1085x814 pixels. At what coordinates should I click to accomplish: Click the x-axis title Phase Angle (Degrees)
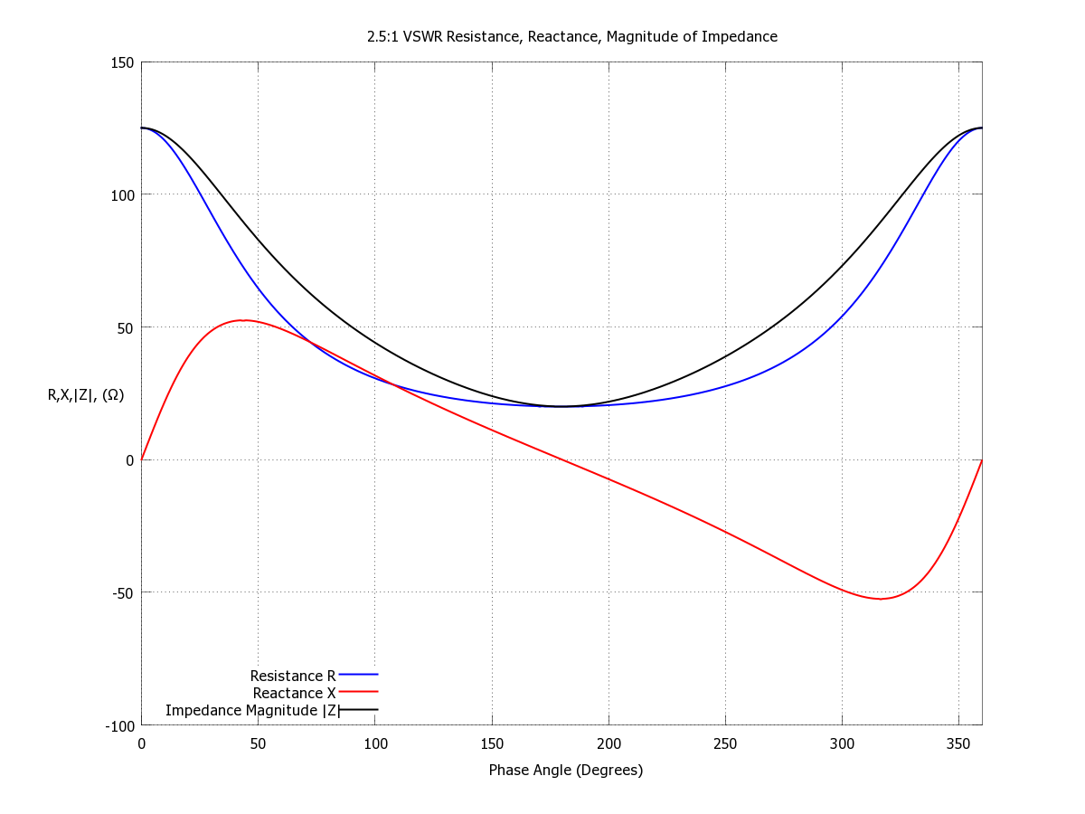click(x=565, y=771)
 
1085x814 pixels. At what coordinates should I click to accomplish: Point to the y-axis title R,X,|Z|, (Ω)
click(x=86, y=394)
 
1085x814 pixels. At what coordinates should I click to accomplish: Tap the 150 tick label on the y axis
click(x=124, y=62)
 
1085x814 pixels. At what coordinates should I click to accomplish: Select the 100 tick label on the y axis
click(x=124, y=195)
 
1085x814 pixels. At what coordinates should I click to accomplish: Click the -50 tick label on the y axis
click(x=122, y=593)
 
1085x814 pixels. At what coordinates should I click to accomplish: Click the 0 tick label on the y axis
click(x=130, y=460)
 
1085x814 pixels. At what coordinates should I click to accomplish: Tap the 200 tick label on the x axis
click(x=609, y=744)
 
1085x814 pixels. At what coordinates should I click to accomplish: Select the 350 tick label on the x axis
click(x=958, y=744)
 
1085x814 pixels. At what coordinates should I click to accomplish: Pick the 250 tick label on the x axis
click(x=725, y=744)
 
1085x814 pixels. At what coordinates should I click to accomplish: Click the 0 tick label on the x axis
click(x=141, y=744)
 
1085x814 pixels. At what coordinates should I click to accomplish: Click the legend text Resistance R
click(x=293, y=676)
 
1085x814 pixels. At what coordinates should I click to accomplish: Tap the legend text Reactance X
click(x=294, y=693)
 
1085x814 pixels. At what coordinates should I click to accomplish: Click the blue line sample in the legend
click(x=358, y=674)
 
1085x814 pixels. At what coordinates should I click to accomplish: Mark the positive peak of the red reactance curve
click(x=242, y=320)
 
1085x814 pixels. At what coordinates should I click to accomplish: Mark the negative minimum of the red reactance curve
click(x=881, y=599)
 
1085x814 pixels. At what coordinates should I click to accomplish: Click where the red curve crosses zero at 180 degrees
click(x=561, y=459)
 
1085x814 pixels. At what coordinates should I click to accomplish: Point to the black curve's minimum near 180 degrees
click(x=561, y=406)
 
